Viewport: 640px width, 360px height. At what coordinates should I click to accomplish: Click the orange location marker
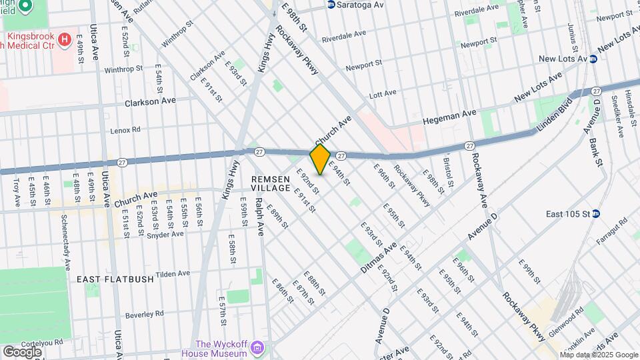click(x=320, y=159)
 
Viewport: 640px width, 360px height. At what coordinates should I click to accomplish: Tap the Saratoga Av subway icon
click(x=331, y=5)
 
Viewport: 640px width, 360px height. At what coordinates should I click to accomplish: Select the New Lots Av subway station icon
click(x=593, y=59)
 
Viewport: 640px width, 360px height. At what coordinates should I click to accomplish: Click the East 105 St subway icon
click(x=597, y=214)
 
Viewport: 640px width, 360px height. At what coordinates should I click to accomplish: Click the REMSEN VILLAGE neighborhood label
click(x=271, y=183)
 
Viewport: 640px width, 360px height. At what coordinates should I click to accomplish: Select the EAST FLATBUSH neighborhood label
click(x=115, y=279)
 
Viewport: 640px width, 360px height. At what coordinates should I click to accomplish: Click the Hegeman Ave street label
click(x=450, y=119)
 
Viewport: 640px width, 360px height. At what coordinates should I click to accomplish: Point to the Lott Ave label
click(x=383, y=94)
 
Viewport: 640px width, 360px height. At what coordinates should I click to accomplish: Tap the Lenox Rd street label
click(x=125, y=129)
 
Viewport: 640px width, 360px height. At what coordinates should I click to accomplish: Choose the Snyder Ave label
click(x=165, y=235)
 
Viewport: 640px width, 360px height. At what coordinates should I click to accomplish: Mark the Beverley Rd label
click(x=145, y=313)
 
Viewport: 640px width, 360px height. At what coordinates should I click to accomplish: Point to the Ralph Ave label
click(x=260, y=218)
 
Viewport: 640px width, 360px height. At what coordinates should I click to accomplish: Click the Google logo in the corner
click(x=22, y=351)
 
